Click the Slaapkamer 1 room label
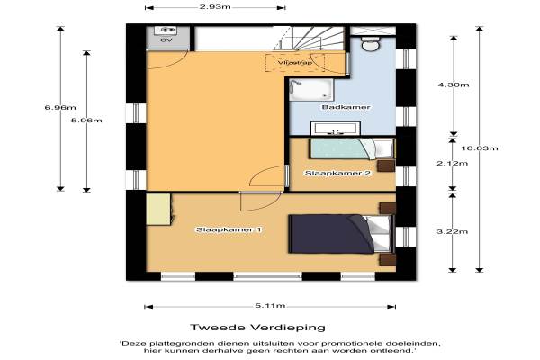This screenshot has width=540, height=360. pos(229,229)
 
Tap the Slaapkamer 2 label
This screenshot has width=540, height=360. pos(337,173)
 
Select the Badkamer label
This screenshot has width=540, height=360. pos(346,107)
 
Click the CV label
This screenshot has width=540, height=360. pos(166,40)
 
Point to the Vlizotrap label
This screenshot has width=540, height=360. pos(295,63)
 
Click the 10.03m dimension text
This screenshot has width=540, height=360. pos(480,148)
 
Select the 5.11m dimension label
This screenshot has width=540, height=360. pos(270,306)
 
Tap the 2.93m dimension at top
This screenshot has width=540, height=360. pos(215,7)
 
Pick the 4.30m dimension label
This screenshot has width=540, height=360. pos(454,85)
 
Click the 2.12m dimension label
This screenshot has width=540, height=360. pos(453,163)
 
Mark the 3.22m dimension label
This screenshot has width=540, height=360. pos(453,231)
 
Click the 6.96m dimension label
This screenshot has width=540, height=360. pos(60,107)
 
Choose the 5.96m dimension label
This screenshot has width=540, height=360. pos(86,121)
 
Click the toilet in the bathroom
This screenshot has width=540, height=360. pos(371,45)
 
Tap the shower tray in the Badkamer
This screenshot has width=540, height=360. pos(311,90)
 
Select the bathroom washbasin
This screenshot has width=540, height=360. pos(336,129)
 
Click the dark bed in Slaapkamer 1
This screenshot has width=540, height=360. pos(341,234)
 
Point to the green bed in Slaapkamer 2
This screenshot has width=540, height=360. pos(351,148)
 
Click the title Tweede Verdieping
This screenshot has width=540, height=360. pos(258,327)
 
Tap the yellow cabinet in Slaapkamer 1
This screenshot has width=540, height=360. pos(158,209)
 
